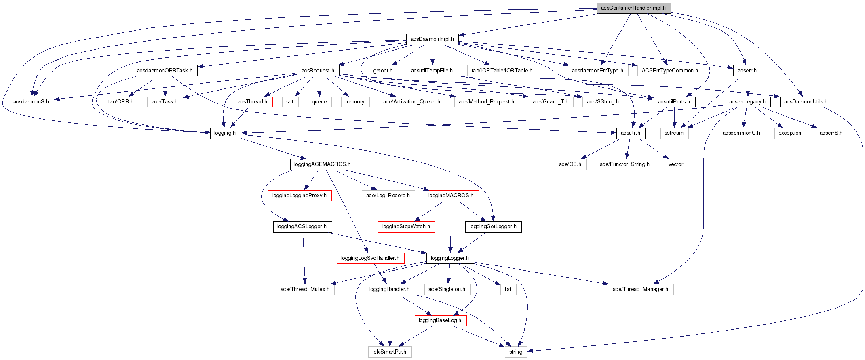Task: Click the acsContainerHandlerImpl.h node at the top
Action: pyautogui.click(x=633, y=8)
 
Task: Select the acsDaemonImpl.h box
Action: pyautogui.click(x=432, y=39)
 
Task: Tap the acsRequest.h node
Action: pyautogui.click(x=318, y=71)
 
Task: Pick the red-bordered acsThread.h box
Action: pyautogui.click(x=253, y=102)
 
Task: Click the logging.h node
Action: pyautogui.click(x=225, y=133)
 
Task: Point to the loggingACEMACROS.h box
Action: pyautogui.click(x=323, y=164)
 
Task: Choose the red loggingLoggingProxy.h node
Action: pyautogui.click(x=300, y=196)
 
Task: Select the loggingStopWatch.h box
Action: pyautogui.click(x=406, y=227)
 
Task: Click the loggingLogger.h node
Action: pyautogui.click(x=450, y=258)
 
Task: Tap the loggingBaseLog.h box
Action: pyautogui.click(x=440, y=320)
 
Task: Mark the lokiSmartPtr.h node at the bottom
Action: pyautogui.click(x=390, y=352)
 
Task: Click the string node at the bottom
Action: pyautogui.click(x=516, y=352)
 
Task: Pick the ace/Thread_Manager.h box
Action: pyautogui.click(x=641, y=289)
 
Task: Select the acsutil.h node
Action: pyautogui.click(x=631, y=133)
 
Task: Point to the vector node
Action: pyautogui.click(x=676, y=164)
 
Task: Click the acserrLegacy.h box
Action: pyautogui.click(x=747, y=102)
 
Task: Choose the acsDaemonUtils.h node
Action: pyautogui.click(x=806, y=102)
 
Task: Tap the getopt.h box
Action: pyautogui.click(x=383, y=71)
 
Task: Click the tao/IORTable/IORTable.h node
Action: pyautogui.click(x=502, y=71)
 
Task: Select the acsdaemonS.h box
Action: pyautogui.click(x=31, y=102)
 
